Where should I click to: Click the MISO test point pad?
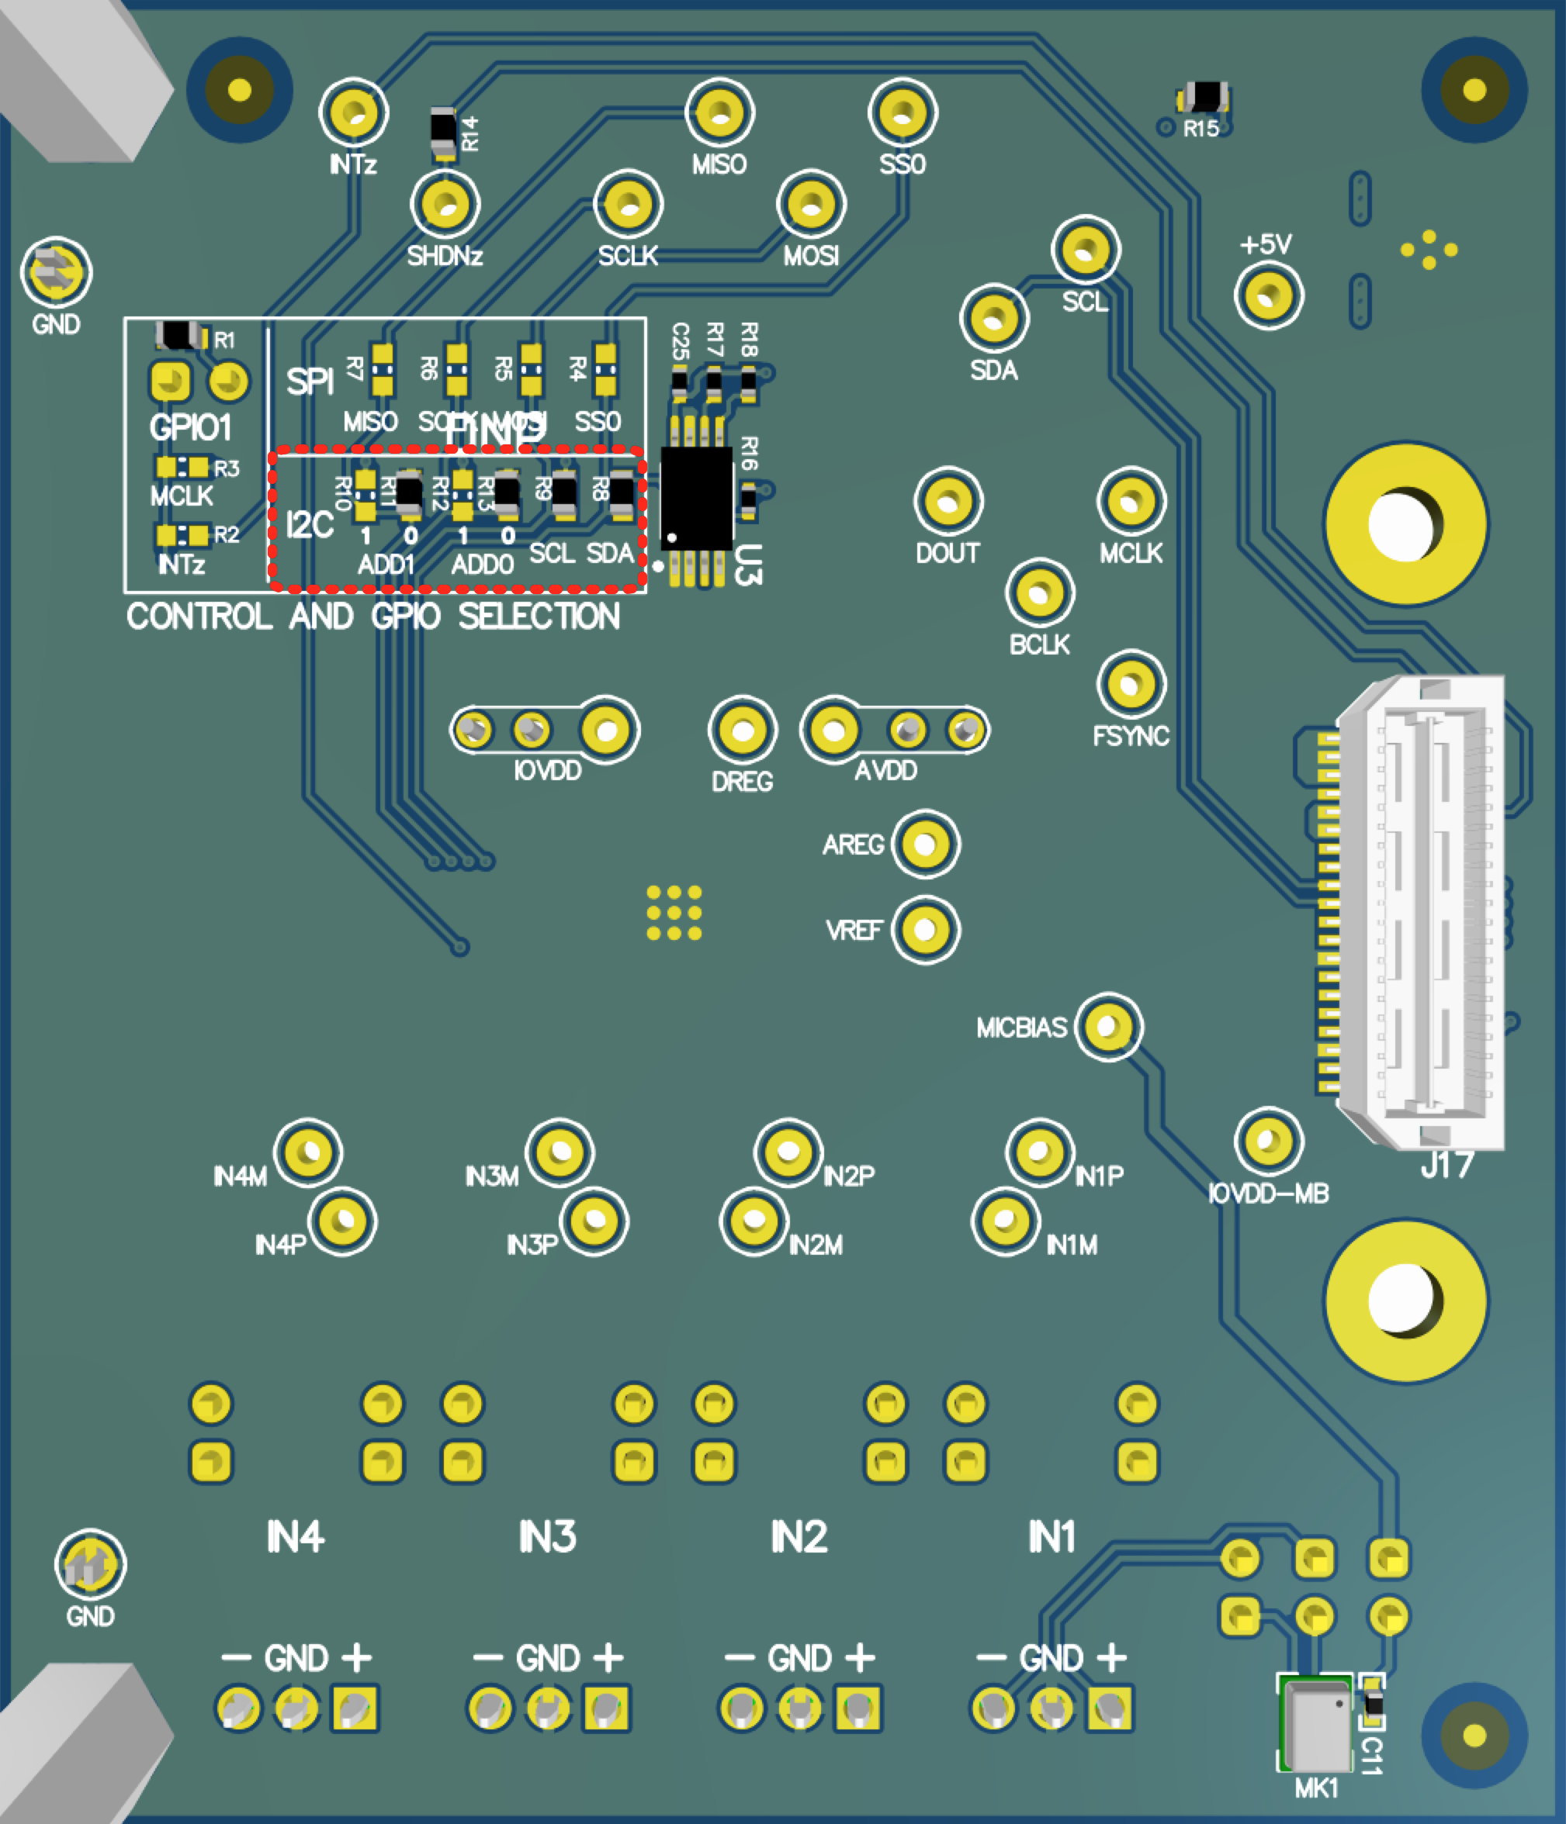[719, 112]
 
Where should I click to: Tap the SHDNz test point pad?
[445, 203]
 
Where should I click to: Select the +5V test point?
[1268, 295]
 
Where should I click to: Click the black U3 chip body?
[696, 498]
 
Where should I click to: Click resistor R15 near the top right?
[1205, 98]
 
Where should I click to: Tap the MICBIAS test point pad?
[1108, 1027]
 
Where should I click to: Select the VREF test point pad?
[925, 930]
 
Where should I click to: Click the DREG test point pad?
[743, 731]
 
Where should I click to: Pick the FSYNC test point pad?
[1131, 684]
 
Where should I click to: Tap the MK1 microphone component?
[1316, 1726]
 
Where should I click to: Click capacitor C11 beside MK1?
[1372, 1705]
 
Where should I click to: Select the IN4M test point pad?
[307, 1152]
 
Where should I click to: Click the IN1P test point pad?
[1039, 1152]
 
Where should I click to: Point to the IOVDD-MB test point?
[1268, 1141]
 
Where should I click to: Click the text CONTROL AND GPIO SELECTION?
[372, 617]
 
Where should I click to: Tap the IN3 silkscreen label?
[547, 1537]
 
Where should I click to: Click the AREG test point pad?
[925, 845]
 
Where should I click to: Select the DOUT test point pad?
[948, 501]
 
